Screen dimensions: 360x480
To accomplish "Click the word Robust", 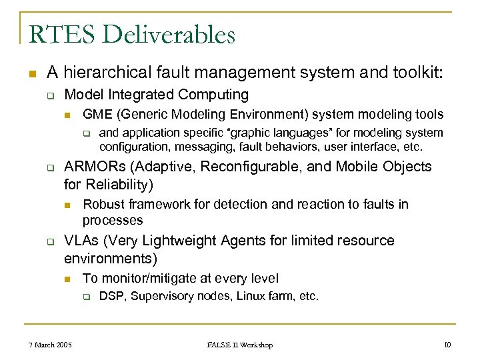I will point(101,204).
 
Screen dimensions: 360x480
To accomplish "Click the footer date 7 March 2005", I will point(50,345).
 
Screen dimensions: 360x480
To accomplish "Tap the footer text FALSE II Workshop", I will point(240,345).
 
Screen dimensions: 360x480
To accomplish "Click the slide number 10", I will point(447,345).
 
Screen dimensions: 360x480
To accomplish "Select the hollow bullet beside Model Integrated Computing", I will point(51,95).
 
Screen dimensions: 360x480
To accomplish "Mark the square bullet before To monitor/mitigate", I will point(68,279).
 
